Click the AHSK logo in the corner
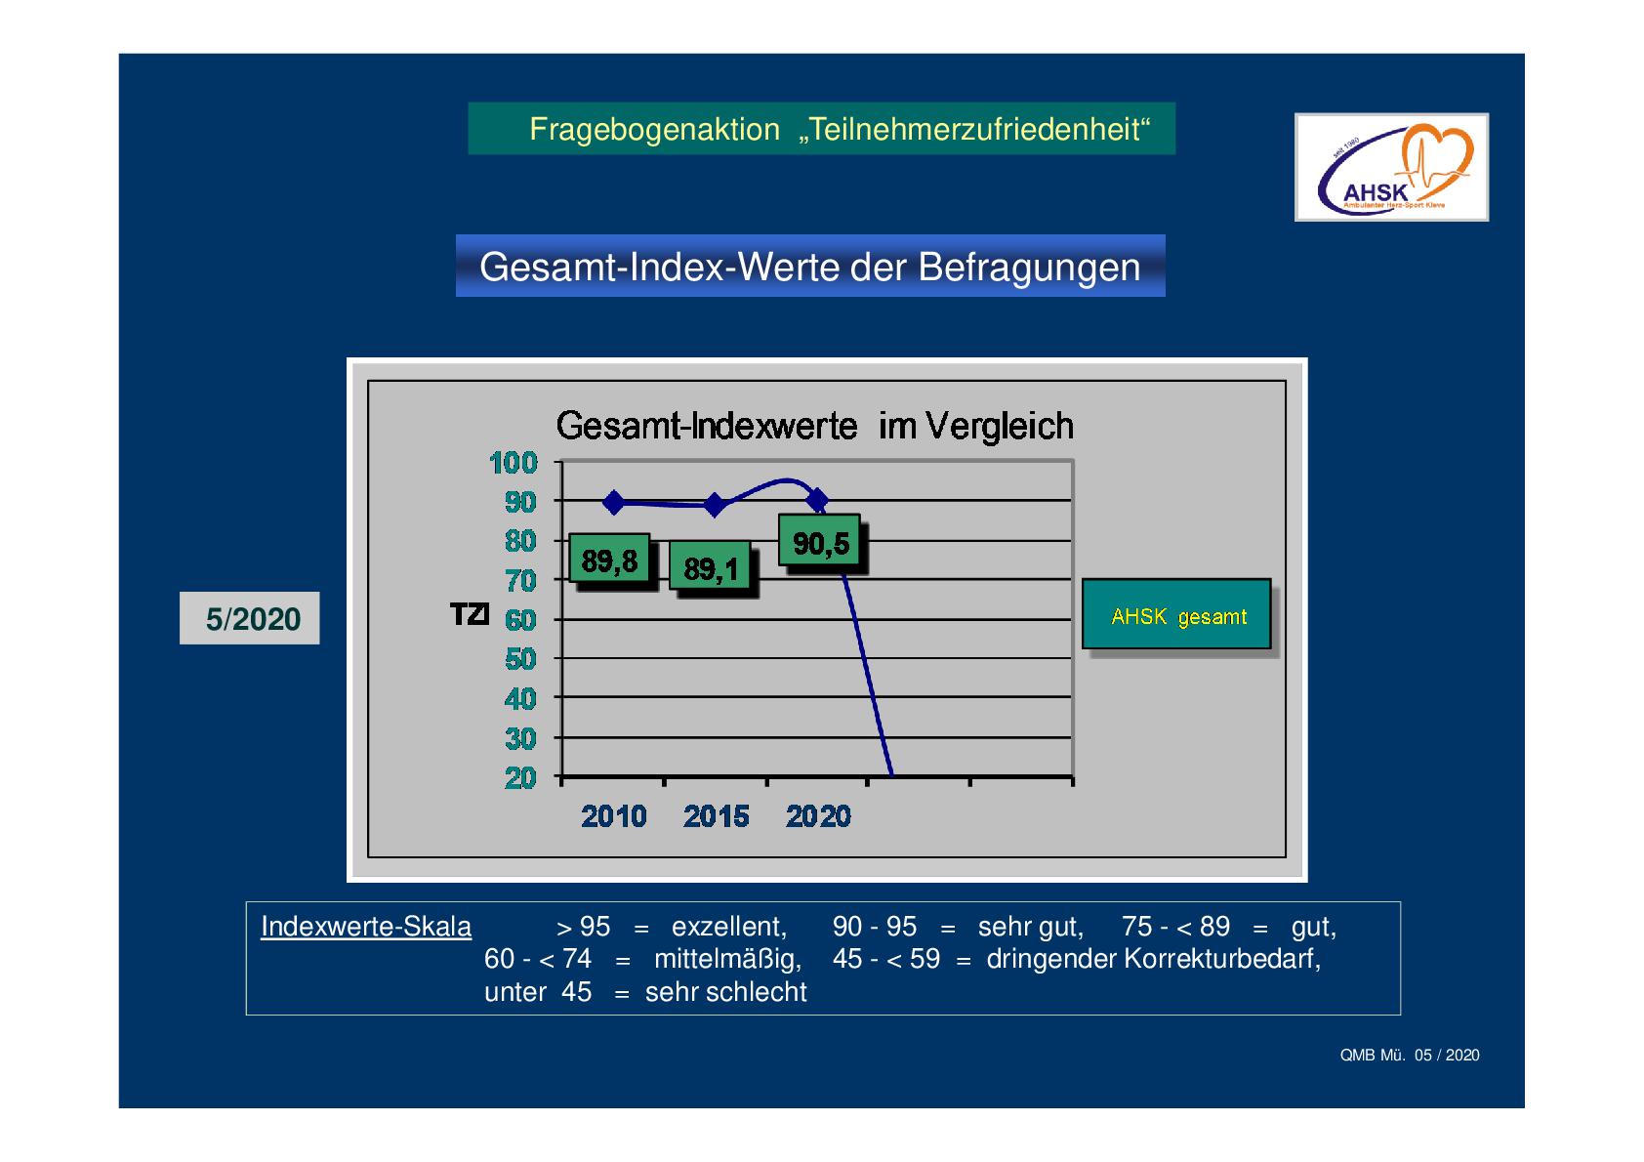[x=1391, y=167]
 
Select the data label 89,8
[x=610, y=560]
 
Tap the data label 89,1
[x=711, y=566]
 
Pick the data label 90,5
[x=820, y=541]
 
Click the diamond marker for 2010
[x=614, y=503]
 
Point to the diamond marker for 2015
[x=715, y=505]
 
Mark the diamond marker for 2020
[x=817, y=501]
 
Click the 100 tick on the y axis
[x=513, y=463]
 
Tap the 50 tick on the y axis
[x=520, y=659]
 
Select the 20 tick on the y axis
[x=520, y=778]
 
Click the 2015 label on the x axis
[x=717, y=816]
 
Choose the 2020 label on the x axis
[x=818, y=816]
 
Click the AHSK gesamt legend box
[x=1177, y=614]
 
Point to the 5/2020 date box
[x=250, y=618]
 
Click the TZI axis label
[x=470, y=613]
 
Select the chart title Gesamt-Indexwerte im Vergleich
[x=814, y=426]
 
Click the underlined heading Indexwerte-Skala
[x=366, y=927]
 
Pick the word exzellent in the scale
[x=729, y=927]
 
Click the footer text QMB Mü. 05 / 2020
[x=1410, y=1055]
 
